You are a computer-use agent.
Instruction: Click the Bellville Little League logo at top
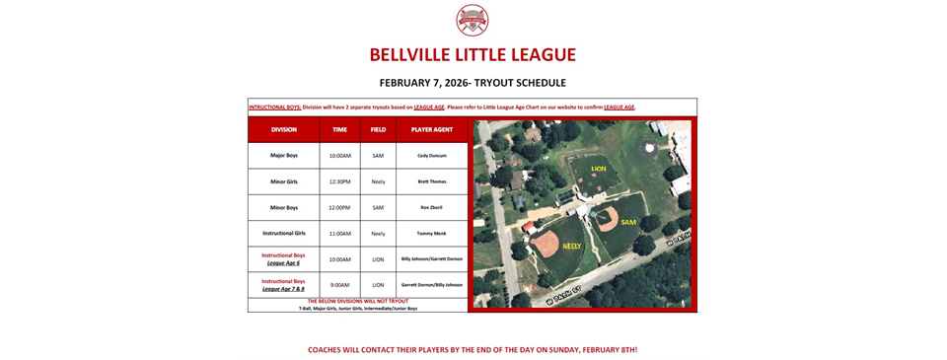(473, 20)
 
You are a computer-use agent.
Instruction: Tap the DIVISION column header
(284, 129)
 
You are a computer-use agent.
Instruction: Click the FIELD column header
(378, 129)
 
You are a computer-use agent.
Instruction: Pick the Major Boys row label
(284, 156)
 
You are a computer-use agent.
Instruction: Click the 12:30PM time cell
(339, 181)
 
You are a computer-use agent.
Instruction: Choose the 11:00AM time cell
(339, 233)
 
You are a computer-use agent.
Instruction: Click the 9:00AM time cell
(339, 284)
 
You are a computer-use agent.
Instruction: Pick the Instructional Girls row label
(284, 233)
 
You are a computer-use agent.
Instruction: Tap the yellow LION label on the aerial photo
(599, 169)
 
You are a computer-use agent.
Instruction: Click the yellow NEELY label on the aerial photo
(572, 246)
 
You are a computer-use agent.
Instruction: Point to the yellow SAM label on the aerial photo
(628, 222)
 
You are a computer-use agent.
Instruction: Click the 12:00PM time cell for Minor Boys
(339, 207)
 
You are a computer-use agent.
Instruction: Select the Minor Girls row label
(284, 181)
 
